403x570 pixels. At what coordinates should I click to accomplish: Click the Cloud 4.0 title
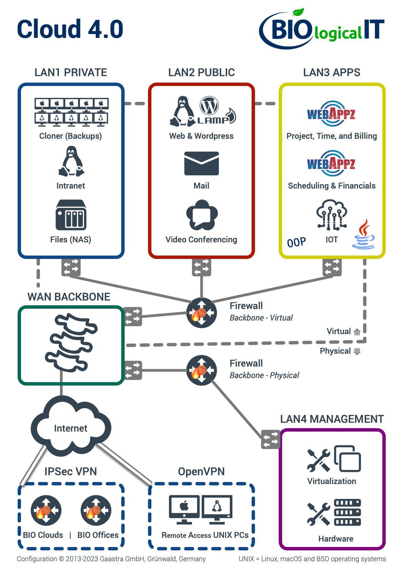[70, 29]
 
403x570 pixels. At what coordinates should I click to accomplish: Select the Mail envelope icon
[201, 163]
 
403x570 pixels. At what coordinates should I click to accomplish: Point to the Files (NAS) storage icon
[71, 215]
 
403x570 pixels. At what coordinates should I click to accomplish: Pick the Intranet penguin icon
[71, 161]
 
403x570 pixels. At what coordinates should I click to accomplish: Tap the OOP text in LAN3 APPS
[296, 242]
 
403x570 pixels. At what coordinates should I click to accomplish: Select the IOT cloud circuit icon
[332, 215]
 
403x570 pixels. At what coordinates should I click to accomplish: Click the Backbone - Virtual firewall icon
[201, 313]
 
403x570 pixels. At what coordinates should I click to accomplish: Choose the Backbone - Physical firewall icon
[201, 370]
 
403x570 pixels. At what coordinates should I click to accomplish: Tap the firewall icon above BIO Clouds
[46, 510]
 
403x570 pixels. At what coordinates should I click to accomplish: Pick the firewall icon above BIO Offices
[96, 510]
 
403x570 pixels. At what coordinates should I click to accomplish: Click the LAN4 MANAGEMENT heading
[332, 419]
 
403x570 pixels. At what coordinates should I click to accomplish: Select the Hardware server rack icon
[347, 512]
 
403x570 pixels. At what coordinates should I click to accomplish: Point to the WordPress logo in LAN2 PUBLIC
[209, 106]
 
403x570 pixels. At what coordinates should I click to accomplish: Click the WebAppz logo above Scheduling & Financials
[332, 163]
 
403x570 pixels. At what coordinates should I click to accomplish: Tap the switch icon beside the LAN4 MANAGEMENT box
[271, 439]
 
